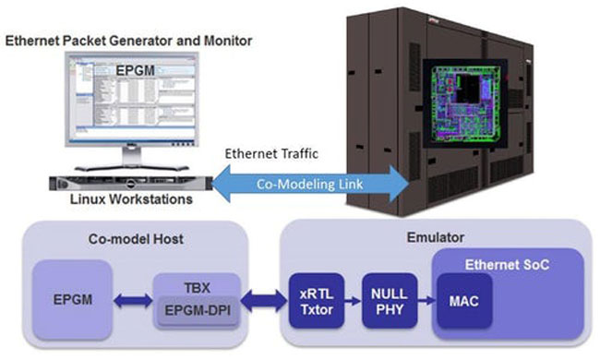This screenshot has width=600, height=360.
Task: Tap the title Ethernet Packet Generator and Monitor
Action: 128,42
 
